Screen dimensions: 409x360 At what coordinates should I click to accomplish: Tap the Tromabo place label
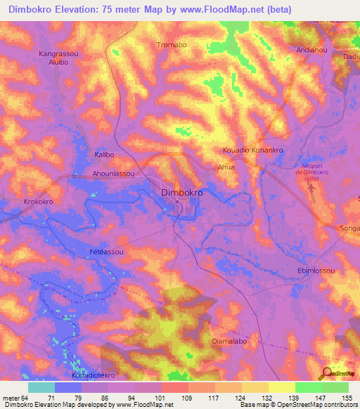172,45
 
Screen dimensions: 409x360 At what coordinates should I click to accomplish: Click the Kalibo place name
104,154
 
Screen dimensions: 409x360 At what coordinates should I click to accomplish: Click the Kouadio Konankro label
252,150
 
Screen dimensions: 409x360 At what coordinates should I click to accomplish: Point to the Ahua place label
226,168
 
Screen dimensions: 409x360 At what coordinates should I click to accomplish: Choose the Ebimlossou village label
316,271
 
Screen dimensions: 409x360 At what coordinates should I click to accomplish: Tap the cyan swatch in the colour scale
41,387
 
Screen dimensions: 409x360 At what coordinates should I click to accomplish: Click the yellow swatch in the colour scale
281,387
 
